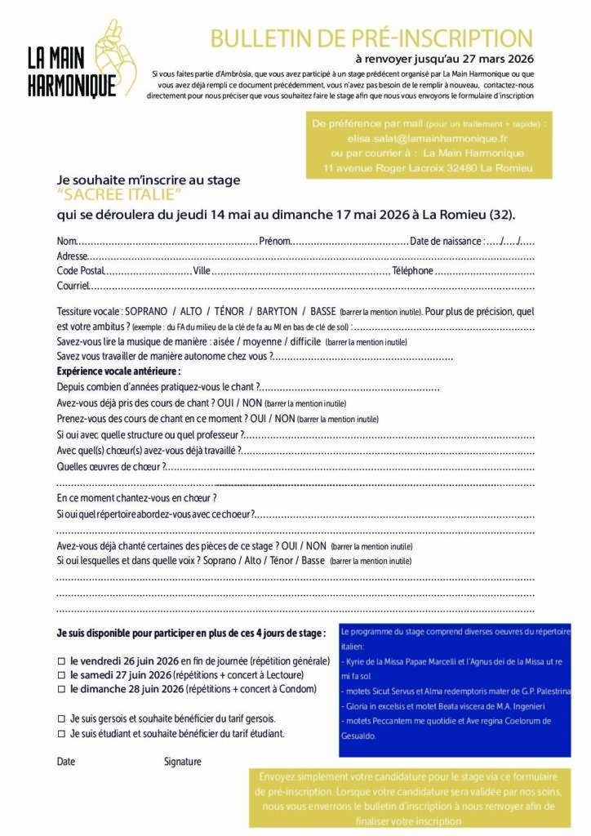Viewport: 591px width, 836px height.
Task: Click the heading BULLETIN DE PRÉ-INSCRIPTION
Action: tap(371, 38)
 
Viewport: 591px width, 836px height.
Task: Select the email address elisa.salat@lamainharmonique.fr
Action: tap(428, 139)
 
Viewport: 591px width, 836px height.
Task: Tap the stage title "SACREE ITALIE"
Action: tap(119, 196)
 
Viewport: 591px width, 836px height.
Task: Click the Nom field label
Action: tap(65, 241)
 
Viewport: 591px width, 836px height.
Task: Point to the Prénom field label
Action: tap(274, 241)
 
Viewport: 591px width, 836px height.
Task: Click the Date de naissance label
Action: tap(446, 241)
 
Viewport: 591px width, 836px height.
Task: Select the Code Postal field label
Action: tap(81, 270)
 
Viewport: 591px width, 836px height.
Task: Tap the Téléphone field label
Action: tap(413, 270)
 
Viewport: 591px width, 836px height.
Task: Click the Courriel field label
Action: tap(72, 286)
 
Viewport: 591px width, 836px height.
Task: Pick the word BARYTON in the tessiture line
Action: tap(277, 312)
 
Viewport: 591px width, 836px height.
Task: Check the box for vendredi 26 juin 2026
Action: tap(61, 660)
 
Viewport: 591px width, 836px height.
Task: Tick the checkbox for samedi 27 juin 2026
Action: tap(61, 675)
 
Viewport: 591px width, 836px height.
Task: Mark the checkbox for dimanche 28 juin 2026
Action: tap(61, 690)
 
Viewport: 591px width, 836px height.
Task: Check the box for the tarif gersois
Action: tap(61, 718)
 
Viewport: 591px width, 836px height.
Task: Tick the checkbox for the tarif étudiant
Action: tap(61, 733)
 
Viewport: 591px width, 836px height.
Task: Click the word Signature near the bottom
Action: tap(182, 762)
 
